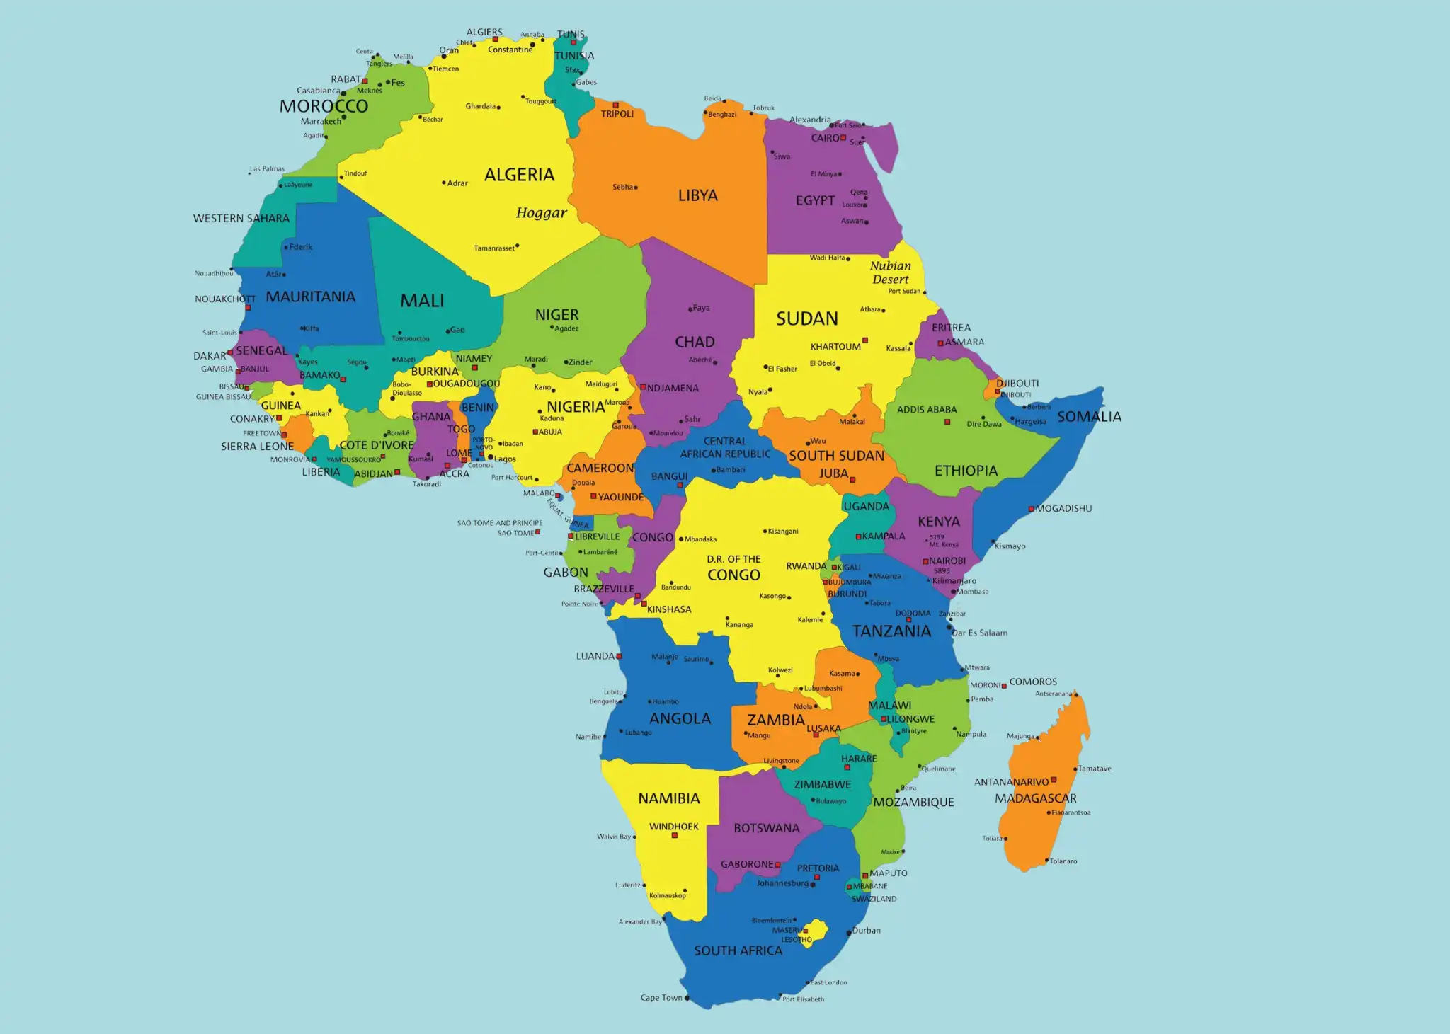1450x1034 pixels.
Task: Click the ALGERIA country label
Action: click(x=519, y=175)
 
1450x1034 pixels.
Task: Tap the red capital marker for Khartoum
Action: click(x=864, y=340)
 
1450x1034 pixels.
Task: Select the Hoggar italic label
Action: click(x=541, y=213)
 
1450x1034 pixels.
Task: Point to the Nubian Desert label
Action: click(x=891, y=272)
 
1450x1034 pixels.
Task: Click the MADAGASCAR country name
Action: click(x=1035, y=798)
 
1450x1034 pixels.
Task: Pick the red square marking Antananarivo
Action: click(x=1054, y=780)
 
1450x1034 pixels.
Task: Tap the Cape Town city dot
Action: click(x=687, y=998)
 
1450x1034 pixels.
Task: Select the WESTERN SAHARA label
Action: click(x=241, y=219)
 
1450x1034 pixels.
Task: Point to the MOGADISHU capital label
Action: click(x=1063, y=508)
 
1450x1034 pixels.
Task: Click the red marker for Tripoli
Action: click(x=615, y=105)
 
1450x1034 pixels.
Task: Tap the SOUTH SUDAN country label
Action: click(x=836, y=456)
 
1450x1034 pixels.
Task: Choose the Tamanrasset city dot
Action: click(x=518, y=246)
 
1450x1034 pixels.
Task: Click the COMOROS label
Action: click(x=1033, y=682)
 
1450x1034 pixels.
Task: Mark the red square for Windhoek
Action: click(x=675, y=835)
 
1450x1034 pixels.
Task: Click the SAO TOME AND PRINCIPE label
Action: click(x=499, y=523)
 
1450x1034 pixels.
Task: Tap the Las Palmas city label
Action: click(x=267, y=169)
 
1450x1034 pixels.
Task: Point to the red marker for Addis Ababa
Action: click(x=947, y=422)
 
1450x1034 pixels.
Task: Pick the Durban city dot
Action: click(x=849, y=933)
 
